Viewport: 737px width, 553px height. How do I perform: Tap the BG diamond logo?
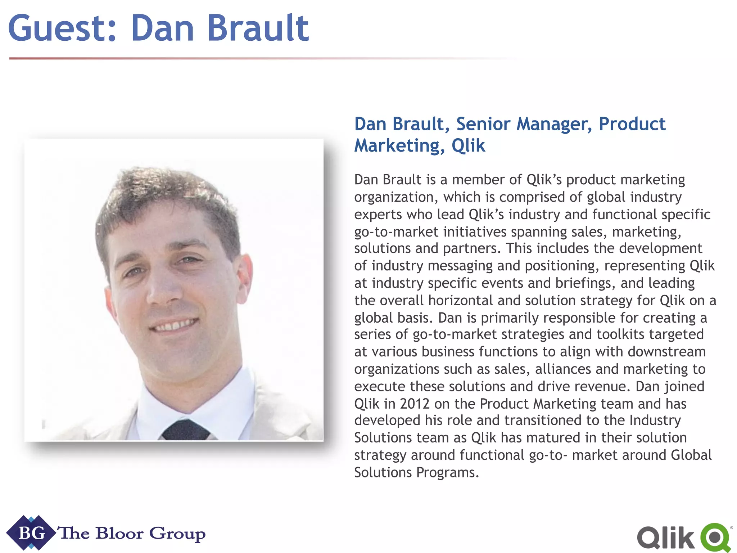(x=31, y=533)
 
